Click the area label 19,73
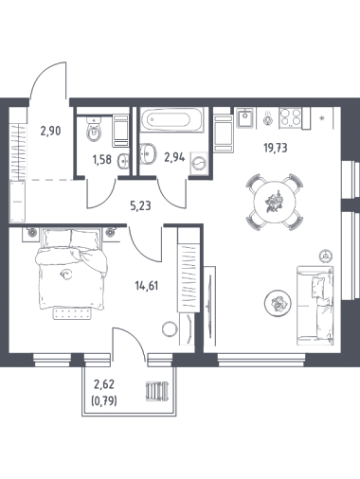276,148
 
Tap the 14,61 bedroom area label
146,286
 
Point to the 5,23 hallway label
140,205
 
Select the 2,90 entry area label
50,130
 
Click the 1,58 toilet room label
101,160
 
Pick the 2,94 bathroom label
174,157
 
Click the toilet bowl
94,130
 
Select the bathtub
171,119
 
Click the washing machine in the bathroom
198,164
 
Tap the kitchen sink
245,118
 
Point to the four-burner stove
290,117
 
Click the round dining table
276,202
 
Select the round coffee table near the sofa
278,303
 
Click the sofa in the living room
315,305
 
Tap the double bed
71,268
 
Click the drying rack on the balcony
157,391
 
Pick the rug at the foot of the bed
73,313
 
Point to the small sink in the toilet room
123,161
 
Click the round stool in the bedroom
170,329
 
